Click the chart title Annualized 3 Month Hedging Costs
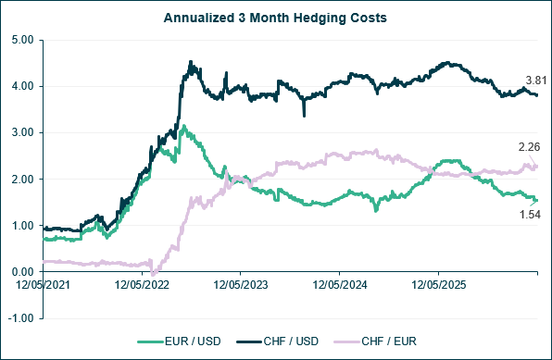[275, 18]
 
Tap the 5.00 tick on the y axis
[23, 40]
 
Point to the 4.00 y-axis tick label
[23, 86]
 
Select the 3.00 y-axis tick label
[23, 132]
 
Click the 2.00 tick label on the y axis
[23, 180]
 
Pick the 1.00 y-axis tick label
[23, 226]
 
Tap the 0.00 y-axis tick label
[23, 272]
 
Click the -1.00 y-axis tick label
[21, 318]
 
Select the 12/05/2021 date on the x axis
[43, 285]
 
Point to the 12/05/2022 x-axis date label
[142, 285]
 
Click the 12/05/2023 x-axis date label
[241, 285]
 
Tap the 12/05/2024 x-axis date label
[340, 285]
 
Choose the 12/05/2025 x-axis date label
[439, 285]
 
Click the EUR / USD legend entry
[179, 341]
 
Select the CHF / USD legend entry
[278, 341]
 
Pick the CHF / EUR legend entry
[375, 341]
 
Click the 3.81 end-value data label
[536, 81]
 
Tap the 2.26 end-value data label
[529, 147]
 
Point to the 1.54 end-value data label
[530, 215]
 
